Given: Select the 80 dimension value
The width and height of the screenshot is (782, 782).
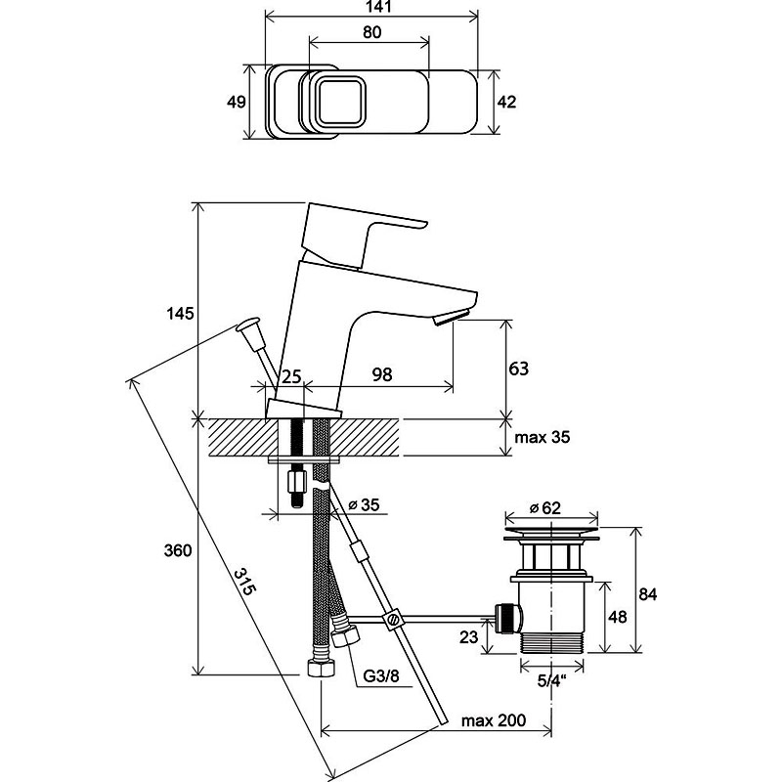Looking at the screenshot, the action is click(372, 32).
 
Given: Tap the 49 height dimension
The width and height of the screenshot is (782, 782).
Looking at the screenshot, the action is click(236, 102).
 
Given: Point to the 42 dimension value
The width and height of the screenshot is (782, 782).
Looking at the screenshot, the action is click(506, 102).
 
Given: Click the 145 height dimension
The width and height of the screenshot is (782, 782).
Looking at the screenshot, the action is click(180, 314).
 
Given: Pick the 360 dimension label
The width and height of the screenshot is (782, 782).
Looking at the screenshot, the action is click(178, 550).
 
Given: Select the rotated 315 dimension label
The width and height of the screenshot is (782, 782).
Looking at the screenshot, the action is click(245, 582).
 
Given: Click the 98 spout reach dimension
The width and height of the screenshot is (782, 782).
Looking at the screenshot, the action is click(382, 374).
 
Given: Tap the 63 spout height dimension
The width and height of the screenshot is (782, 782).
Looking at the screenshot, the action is click(518, 369).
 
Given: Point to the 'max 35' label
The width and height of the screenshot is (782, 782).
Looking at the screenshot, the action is click(543, 437).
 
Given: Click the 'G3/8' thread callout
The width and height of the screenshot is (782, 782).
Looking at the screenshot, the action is click(381, 676).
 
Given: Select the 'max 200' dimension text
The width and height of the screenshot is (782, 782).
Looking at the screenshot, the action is click(494, 720).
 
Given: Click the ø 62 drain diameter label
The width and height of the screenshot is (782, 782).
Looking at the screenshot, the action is click(544, 507).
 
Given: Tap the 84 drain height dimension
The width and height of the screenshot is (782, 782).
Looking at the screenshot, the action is click(647, 594).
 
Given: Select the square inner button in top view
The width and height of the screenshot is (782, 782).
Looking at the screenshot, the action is click(337, 102).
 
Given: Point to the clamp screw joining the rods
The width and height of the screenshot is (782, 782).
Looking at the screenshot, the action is click(393, 619).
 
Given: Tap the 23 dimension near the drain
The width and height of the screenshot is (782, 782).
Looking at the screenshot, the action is click(468, 637).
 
